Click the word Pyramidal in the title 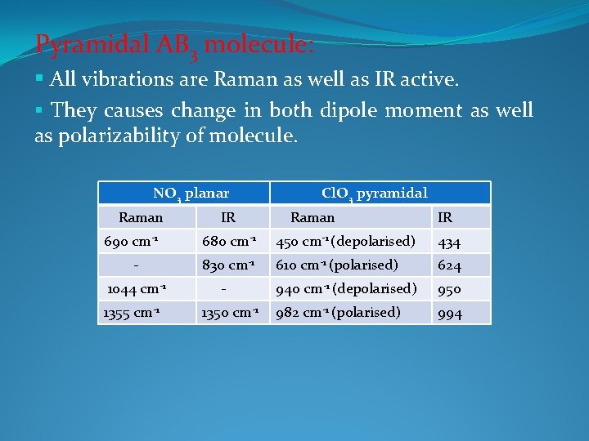(76, 44)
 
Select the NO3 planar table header (191, 194)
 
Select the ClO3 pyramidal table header (374, 194)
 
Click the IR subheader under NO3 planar (229, 217)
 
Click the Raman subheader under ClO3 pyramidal (312, 217)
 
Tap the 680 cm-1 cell (231, 242)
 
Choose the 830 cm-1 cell (231, 265)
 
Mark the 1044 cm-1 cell (137, 288)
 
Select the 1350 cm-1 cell (232, 312)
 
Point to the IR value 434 (449, 243)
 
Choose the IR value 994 (449, 313)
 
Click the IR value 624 (449, 265)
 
